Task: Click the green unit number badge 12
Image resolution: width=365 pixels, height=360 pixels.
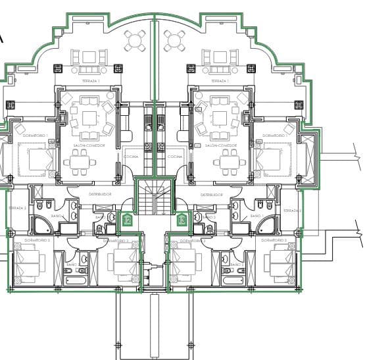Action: (x=128, y=220)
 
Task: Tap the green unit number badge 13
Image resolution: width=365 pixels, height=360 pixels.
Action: (x=182, y=220)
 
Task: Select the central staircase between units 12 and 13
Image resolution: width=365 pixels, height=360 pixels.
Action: (x=155, y=197)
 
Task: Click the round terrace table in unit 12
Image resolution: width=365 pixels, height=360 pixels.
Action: (x=136, y=41)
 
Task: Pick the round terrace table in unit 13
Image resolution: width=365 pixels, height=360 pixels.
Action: (x=175, y=41)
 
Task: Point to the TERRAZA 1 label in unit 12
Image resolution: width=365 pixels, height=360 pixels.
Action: (x=89, y=81)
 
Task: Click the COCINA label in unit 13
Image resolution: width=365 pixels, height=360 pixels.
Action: (x=175, y=157)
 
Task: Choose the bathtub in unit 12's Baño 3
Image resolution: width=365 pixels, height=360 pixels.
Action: (x=71, y=280)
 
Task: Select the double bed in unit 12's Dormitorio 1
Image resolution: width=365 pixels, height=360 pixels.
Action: (x=32, y=161)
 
